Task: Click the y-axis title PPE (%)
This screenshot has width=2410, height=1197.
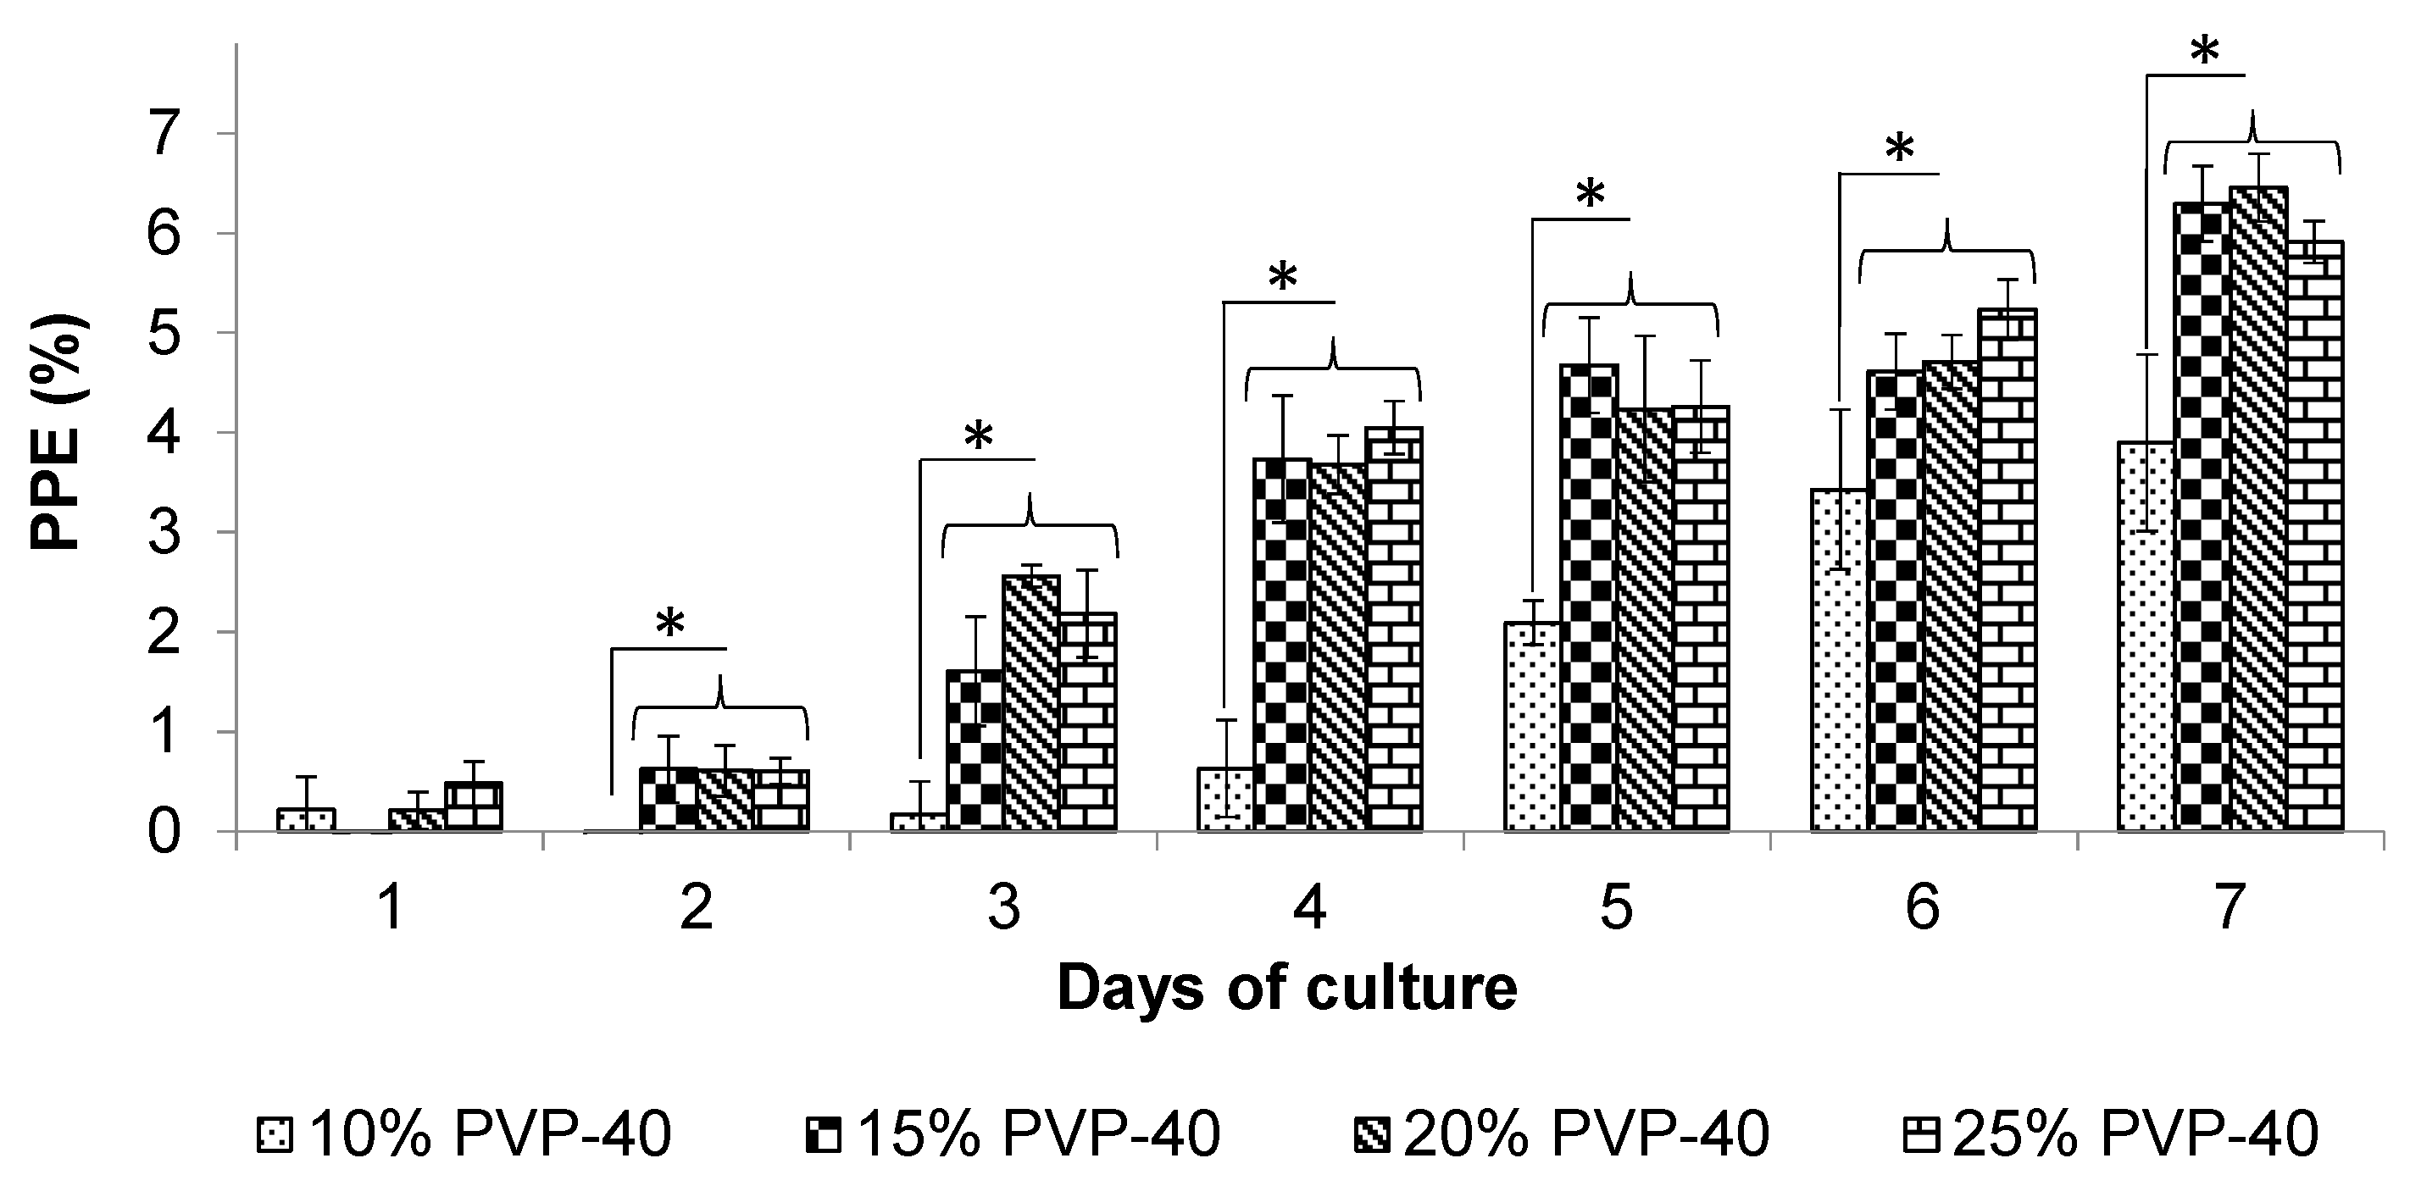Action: coord(58,432)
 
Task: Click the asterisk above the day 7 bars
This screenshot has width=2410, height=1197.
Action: coord(2204,53)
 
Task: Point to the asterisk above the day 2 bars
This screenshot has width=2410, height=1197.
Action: coord(669,624)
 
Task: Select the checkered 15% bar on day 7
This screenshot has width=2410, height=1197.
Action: coord(2201,514)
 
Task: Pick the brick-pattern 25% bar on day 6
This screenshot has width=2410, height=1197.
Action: coord(2007,570)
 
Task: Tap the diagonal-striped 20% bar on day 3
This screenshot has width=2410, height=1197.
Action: coord(1031,701)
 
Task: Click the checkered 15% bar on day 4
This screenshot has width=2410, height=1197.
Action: coord(1282,646)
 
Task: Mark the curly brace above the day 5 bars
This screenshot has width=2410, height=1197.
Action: coord(1630,304)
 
